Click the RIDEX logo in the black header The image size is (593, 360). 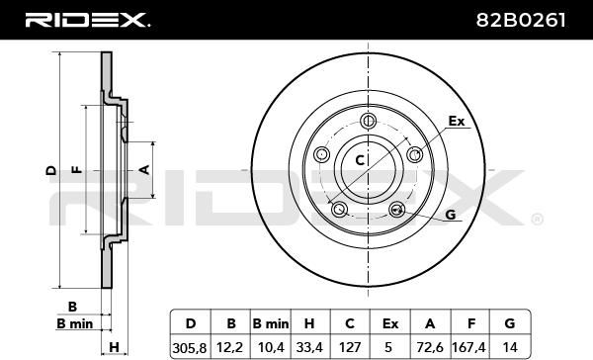(87, 20)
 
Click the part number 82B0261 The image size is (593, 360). (521, 20)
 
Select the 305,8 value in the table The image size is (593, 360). (190, 347)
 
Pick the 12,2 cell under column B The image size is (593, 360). (230, 347)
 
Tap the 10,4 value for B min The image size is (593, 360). (271, 347)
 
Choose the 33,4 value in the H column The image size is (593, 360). (309, 347)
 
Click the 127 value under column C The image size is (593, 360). (350, 347)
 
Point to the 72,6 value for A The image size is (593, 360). (430, 347)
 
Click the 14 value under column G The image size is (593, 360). (510, 347)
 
